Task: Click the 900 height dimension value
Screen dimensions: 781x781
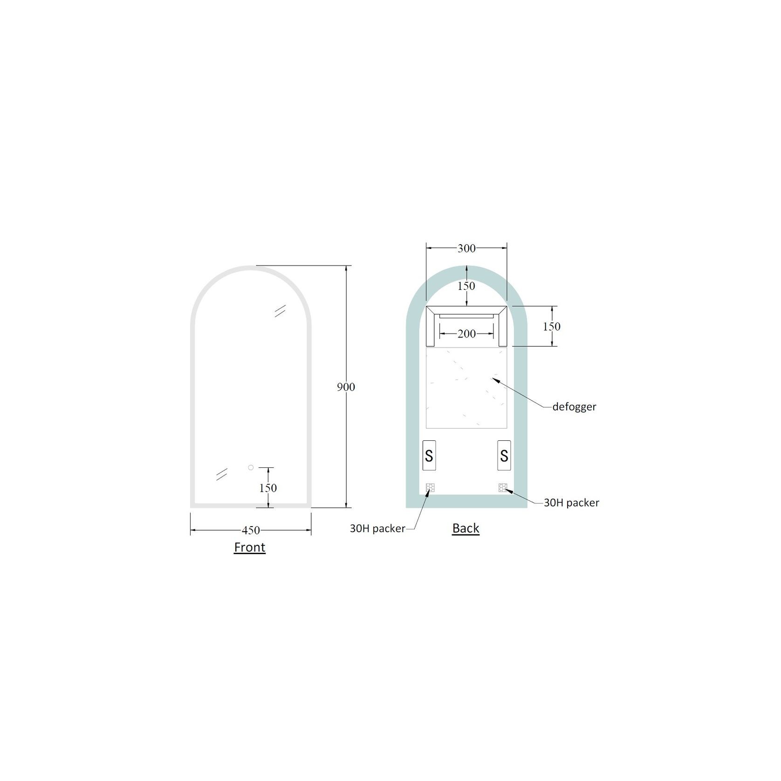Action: click(346, 387)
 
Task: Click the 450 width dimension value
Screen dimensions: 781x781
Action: click(251, 530)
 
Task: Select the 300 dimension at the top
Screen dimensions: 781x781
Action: click(466, 248)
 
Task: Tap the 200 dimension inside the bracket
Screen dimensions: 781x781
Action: click(466, 334)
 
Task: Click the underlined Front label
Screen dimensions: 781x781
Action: click(250, 547)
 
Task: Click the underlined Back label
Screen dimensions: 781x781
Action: click(466, 528)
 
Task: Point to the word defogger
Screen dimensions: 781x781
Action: click(574, 407)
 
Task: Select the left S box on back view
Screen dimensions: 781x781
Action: click(429, 455)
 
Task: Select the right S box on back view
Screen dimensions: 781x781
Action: click(504, 455)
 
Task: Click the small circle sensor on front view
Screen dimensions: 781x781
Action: click(251, 467)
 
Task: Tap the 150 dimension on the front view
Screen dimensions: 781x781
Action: click(268, 488)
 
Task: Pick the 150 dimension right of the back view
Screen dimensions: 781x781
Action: click(552, 327)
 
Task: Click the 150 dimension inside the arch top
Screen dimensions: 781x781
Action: click(466, 286)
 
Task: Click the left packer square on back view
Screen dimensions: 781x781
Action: click(430, 488)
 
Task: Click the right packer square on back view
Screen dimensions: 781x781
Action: click(502, 488)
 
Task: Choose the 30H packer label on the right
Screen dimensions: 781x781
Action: click(571, 503)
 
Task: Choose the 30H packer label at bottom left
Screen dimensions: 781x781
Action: click(377, 528)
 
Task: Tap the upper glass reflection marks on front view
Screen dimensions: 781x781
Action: click(280, 311)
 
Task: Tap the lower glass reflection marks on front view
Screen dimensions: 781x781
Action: click(221, 474)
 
